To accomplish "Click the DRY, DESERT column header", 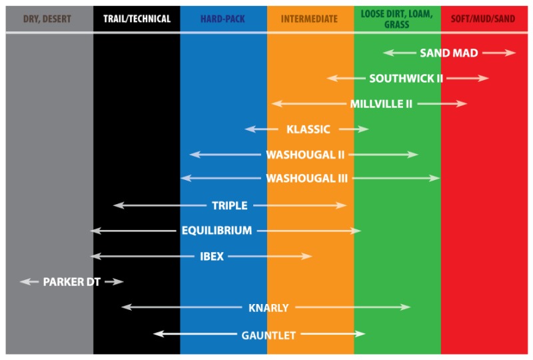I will click(x=48, y=19).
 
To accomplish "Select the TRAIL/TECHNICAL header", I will click(x=137, y=19).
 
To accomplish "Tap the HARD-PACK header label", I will click(x=223, y=19).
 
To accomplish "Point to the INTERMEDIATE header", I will click(x=309, y=19).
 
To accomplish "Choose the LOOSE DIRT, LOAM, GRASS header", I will click(x=396, y=19).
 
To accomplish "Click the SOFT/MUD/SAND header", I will click(x=483, y=19).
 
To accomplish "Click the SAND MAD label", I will click(x=449, y=53).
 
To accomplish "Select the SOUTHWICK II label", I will click(x=406, y=79).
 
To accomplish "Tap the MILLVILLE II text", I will click(x=381, y=104).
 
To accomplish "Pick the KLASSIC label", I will click(x=308, y=129).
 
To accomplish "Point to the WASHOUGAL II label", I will click(x=305, y=155).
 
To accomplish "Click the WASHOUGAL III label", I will click(x=306, y=179).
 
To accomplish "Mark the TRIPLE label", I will click(x=230, y=206).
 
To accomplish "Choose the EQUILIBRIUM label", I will click(x=217, y=231).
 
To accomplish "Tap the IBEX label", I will click(x=212, y=256).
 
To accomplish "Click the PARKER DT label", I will click(x=72, y=282).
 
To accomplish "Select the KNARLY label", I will click(x=268, y=308).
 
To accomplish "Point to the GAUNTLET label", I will click(x=268, y=335).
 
